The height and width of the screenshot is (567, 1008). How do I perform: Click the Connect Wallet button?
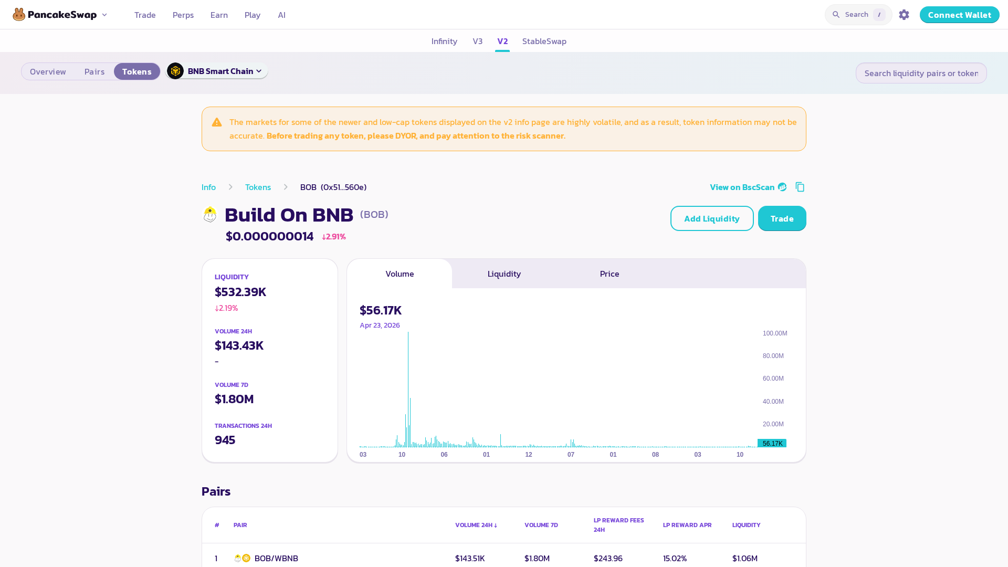tap(959, 15)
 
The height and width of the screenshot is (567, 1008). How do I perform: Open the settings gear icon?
tap(904, 15)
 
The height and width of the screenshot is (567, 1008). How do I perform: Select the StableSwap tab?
tap(544, 41)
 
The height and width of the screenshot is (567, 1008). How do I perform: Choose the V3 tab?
tap(477, 41)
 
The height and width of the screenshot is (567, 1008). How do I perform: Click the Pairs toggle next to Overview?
tap(94, 71)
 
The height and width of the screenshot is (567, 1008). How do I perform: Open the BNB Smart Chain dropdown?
tap(217, 71)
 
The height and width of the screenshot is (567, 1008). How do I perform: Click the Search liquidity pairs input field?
tap(921, 73)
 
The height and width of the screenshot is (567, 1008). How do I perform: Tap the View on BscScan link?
tap(748, 187)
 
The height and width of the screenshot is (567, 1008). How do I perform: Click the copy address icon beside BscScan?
tap(800, 187)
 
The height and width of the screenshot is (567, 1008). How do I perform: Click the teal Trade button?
tap(782, 218)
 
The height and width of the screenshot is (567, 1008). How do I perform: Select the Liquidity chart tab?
tap(504, 274)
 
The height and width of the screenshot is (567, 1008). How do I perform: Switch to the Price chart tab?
tap(610, 274)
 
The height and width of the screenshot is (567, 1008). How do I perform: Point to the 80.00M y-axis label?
tap(773, 356)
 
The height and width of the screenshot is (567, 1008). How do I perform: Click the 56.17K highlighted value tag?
tap(772, 443)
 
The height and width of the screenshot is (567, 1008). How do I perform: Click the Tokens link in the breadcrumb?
tap(258, 187)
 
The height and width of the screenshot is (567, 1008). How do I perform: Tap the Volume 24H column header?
tap(476, 525)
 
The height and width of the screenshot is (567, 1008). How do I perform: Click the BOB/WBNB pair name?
tap(276, 558)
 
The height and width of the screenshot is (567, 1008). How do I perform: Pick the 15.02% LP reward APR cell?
tap(675, 558)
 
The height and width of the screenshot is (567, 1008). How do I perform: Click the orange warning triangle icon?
tap(217, 122)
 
